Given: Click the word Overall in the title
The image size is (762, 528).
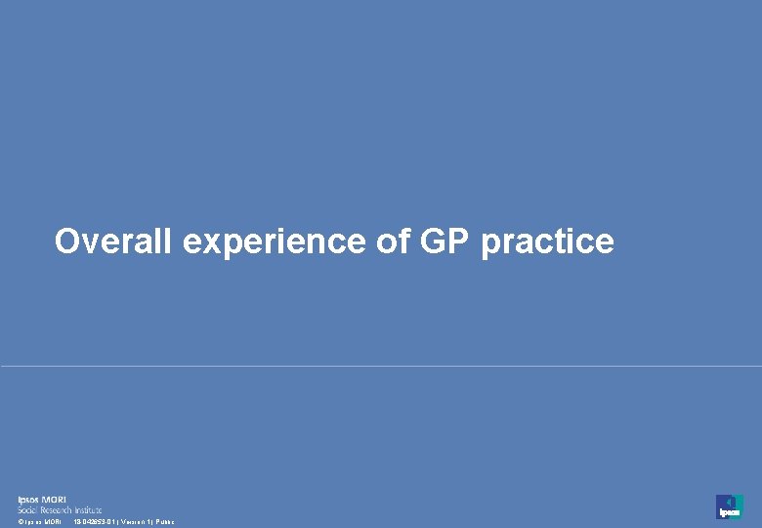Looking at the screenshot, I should coord(114,241).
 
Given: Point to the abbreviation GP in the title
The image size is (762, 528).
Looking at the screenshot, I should coord(445,241).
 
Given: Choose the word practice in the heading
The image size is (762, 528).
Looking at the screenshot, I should coord(547,242).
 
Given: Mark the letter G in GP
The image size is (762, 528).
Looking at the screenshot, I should coord(434,241).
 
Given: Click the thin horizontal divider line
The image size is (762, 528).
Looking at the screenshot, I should coord(381,367).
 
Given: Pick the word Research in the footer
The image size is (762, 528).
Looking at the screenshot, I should coord(59,509).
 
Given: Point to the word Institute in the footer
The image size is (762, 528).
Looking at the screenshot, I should coord(88,509).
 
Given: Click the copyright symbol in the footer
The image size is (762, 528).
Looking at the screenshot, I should coord(20,522).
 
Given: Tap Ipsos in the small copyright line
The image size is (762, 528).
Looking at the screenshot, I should coord(31,522).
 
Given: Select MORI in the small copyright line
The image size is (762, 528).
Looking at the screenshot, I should coord(52,522).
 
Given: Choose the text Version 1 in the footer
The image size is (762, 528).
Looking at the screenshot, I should coord(135,522).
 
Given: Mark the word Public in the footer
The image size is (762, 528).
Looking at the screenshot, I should coord(164,522).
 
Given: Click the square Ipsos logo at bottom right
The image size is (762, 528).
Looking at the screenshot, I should coord(729,506).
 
